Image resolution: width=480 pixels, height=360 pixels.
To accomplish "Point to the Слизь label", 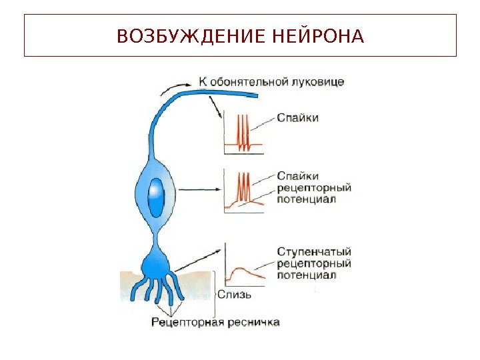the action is click(234, 294).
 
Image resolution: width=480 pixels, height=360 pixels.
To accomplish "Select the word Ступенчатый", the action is click(314, 251).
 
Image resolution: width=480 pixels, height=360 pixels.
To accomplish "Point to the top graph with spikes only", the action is click(244, 133).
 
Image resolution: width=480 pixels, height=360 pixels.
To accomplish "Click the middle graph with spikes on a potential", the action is click(244, 191).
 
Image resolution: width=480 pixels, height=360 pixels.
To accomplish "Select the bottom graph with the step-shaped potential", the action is click(244, 266).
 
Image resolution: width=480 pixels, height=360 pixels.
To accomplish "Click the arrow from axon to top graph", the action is click(215, 107).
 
